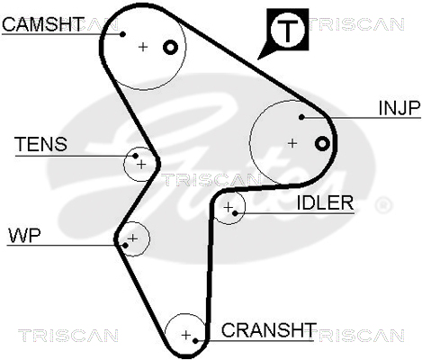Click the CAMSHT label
pos(43,24)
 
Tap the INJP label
pos(400,108)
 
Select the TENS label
pos(40,144)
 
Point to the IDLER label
pos(325,203)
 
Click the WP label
pos(24,236)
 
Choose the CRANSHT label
pos(269,330)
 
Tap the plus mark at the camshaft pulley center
pos(143,47)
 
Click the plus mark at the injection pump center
pos(292,143)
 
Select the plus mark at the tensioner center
pos(141,165)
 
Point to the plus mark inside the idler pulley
pos(229,207)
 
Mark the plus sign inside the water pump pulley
pos(132,238)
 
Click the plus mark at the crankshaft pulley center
pos(186,335)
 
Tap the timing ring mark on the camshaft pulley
pos(170,48)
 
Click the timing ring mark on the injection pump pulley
pos(322,144)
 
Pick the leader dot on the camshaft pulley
pos(122,34)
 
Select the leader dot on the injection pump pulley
pos(301,117)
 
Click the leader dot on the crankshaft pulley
pos(195,341)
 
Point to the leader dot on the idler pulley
pos(235,213)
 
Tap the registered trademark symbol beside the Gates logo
pos(383,205)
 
